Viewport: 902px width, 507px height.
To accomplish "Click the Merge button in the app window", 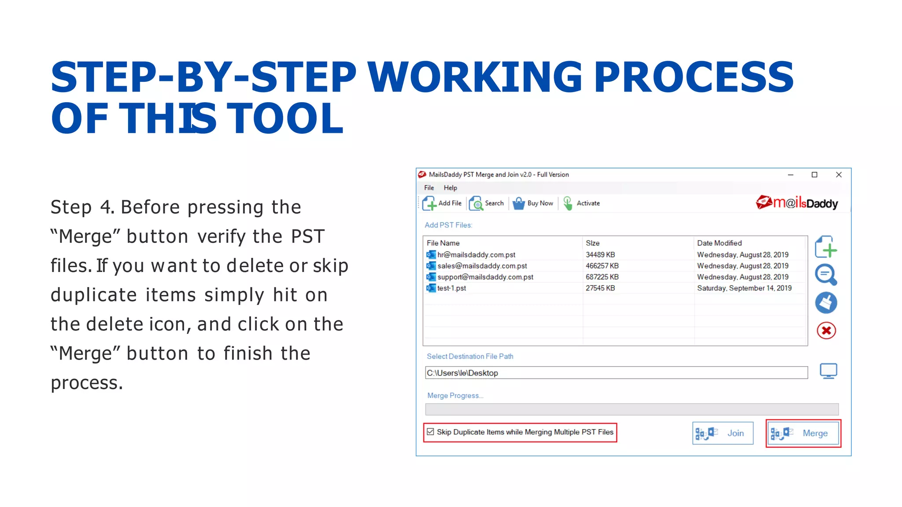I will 803,434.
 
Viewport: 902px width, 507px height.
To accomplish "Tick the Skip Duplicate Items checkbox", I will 431,432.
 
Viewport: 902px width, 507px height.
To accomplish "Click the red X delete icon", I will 826,331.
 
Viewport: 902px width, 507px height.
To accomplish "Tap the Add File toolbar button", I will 442,203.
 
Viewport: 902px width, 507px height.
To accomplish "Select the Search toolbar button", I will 487,203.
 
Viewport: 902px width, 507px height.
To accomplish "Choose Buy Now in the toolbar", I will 533,203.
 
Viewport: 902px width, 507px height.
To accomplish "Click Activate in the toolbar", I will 582,203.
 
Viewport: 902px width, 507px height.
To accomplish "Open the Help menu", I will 450,188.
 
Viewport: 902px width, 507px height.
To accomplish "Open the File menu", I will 429,188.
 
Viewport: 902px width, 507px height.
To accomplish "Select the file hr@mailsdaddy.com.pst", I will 476,255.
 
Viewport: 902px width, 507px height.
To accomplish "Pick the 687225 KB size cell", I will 602,277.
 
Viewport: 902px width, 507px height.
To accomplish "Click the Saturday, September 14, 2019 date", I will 744,288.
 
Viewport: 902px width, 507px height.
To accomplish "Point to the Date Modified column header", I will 719,243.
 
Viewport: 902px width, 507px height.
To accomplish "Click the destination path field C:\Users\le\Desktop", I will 616,373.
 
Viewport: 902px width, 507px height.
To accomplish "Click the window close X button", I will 839,175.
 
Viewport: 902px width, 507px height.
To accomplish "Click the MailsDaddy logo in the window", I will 797,203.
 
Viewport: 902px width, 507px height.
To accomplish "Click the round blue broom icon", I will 826,303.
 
